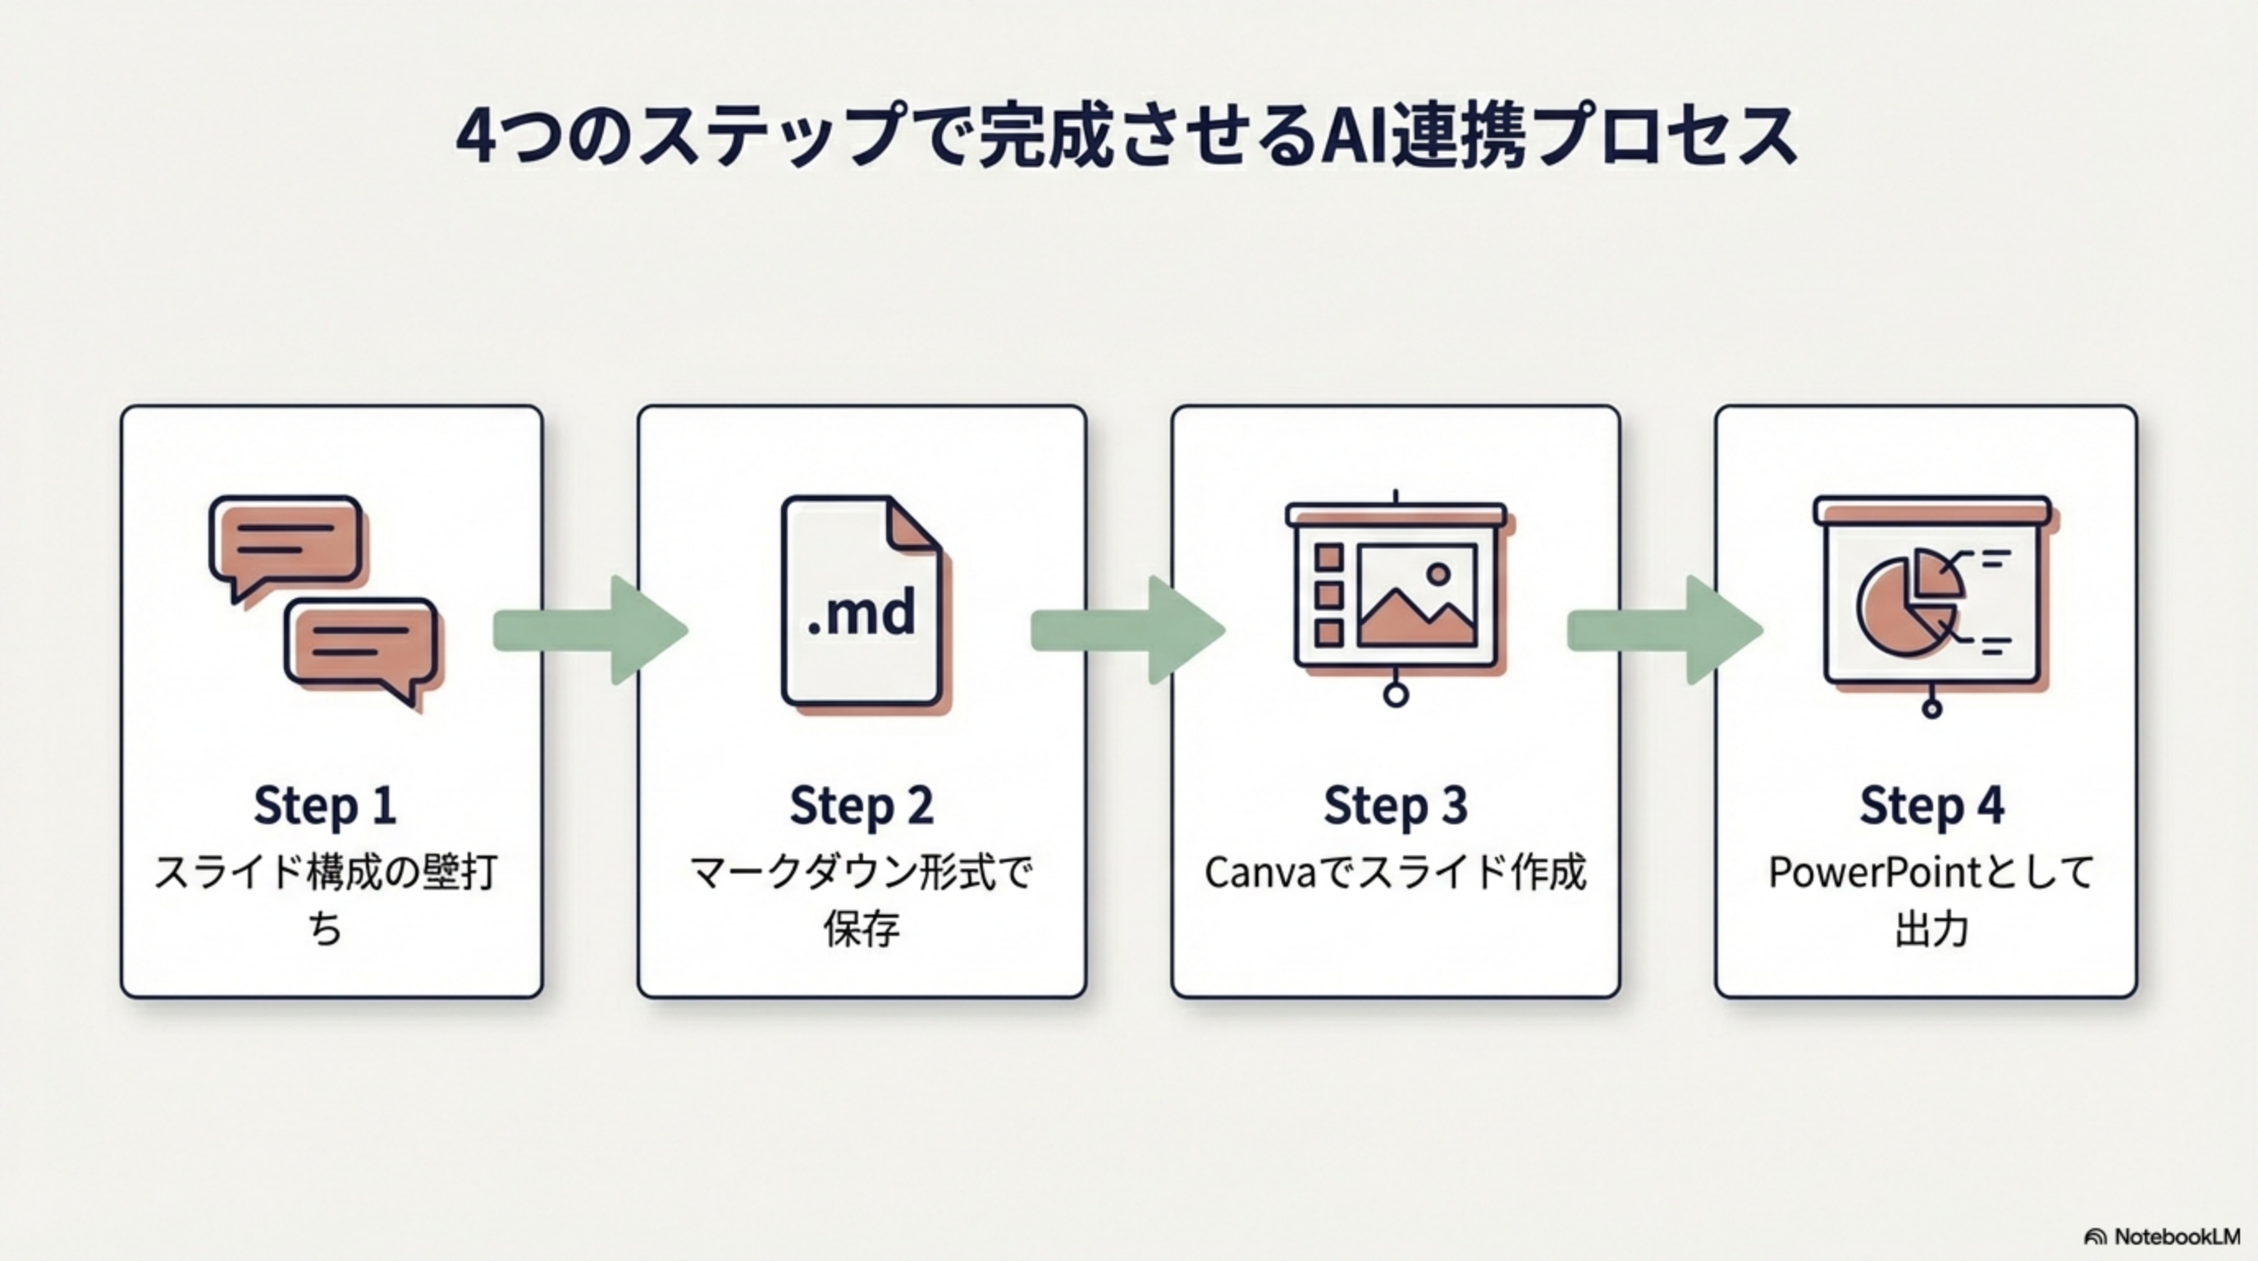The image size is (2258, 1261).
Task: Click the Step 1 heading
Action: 325,805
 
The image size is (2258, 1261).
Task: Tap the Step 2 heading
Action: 862,805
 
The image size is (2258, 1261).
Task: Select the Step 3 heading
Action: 1396,805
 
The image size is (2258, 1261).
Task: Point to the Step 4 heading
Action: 1932,805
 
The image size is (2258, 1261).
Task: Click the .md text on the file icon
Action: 862,614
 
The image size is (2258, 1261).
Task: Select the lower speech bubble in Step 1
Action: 360,642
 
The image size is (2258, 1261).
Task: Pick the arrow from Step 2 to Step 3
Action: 1127,630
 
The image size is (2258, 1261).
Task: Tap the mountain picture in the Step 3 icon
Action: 1417,596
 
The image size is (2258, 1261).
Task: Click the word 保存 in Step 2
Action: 862,929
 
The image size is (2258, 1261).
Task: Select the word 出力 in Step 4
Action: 1932,929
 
